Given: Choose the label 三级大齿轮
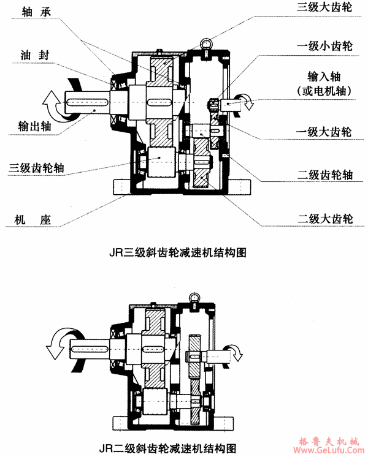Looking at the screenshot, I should [322, 9].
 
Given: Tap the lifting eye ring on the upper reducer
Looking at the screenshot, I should [204, 44].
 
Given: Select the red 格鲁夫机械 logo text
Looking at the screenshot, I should [331, 440].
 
